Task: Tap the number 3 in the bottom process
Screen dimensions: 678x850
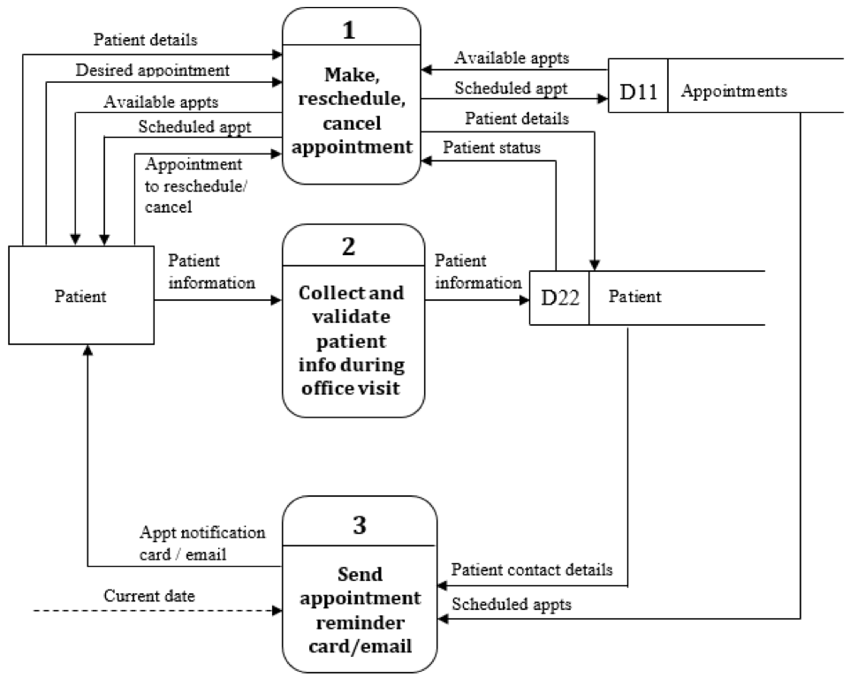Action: coord(359,525)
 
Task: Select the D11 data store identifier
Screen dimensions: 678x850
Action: coord(638,91)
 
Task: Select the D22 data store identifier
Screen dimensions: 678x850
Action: coord(559,298)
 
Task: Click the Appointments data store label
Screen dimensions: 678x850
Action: coord(735,91)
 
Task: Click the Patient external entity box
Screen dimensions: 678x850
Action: coord(80,296)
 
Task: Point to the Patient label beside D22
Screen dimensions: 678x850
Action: coord(634,297)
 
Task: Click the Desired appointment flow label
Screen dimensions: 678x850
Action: coord(153,69)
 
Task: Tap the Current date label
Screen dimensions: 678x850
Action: coord(149,596)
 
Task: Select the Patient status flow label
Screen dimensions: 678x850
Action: coord(491,147)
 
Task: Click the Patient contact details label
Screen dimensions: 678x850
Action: coord(532,569)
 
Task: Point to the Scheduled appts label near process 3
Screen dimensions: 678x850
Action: coord(512,605)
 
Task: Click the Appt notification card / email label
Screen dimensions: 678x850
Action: coord(202,544)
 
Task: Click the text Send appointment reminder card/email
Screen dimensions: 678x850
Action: coord(360,608)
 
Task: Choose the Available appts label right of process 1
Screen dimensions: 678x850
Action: coord(512,58)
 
